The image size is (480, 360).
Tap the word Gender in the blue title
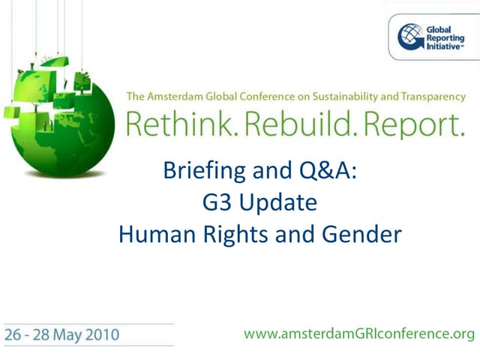coord(362,234)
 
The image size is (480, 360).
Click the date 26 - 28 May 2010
coord(61,334)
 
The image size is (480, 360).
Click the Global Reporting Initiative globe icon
coord(410,36)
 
